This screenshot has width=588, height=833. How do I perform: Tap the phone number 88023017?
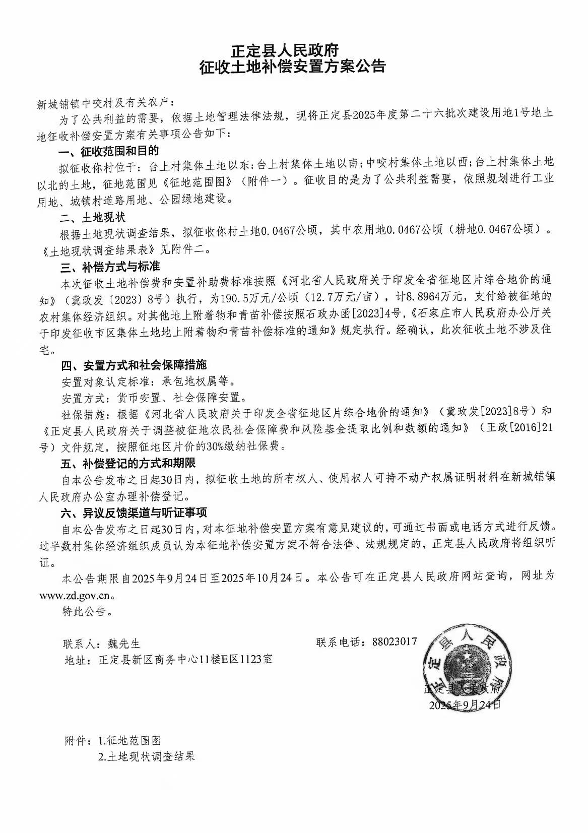click(395, 642)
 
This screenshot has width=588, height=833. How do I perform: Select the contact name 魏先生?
click(124, 644)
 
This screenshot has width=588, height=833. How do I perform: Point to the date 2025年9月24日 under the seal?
click(465, 705)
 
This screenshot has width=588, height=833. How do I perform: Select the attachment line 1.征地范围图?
click(129, 741)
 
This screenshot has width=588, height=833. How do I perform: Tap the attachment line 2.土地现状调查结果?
click(147, 757)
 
